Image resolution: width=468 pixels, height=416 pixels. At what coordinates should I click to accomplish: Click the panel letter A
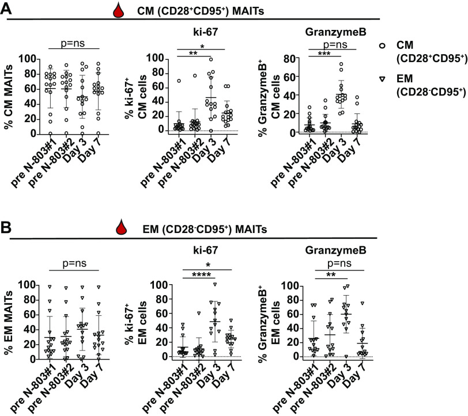click(7, 8)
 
